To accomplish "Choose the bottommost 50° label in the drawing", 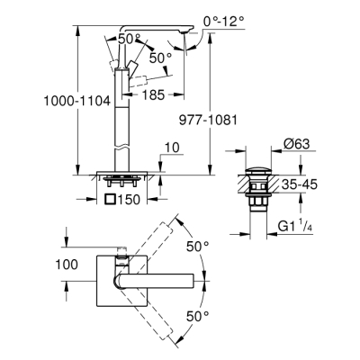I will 197,315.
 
